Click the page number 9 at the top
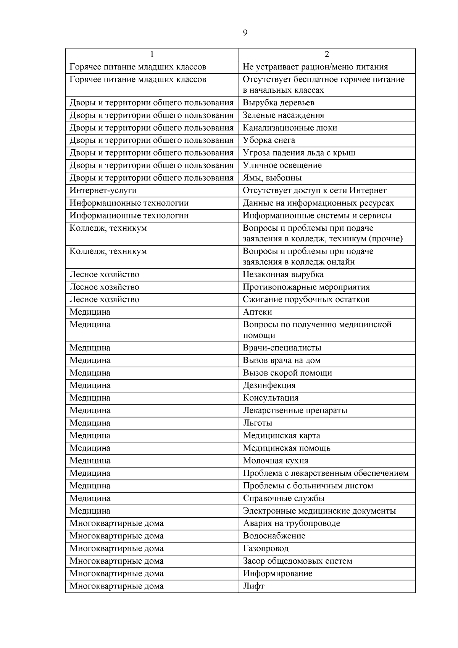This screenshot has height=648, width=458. (245, 33)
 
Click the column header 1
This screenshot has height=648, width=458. (152, 55)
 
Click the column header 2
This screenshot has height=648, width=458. (327, 55)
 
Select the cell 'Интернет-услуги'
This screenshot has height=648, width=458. (103, 191)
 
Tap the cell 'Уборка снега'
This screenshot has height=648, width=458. (269, 141)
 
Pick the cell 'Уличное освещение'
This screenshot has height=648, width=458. (282, 165)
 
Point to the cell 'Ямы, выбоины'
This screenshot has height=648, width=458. (272, 178)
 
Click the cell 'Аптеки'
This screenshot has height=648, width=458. (258, 312)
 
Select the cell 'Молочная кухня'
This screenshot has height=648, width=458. (276, 461)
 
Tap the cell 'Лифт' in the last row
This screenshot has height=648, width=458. (254, 586)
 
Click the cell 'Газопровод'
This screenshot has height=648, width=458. (266, 549)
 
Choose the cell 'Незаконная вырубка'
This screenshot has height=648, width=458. (283, 275)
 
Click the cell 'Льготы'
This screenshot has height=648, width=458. (258, 423)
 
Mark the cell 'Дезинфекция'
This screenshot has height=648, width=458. (269, 385)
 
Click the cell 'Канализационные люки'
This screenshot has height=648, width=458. (290, 128)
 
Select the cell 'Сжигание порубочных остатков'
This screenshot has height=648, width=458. (306, 300)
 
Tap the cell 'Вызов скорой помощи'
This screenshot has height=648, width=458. (287, 373)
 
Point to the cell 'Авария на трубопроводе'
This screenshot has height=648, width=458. (292, 524)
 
